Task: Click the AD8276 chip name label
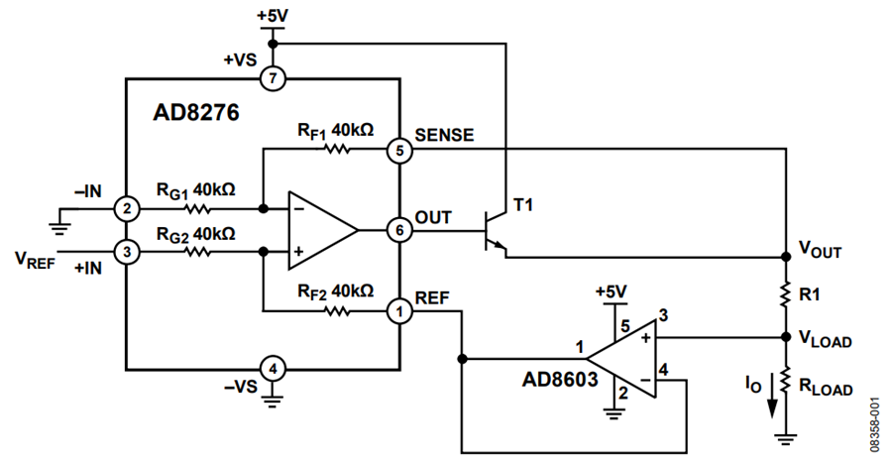[196, 113]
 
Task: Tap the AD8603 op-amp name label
[560, 379]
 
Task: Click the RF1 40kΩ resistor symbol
[337, 150]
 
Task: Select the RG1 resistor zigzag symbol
[197, 209]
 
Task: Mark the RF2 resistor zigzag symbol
[337, 311]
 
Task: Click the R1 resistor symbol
[786, 294]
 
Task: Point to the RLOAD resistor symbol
[786, 380]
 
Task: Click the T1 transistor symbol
[494, 230]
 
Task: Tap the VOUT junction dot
[786, 257]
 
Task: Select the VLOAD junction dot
[786, 337]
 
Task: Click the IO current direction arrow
[772, 396]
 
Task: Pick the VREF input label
[35, 261]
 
